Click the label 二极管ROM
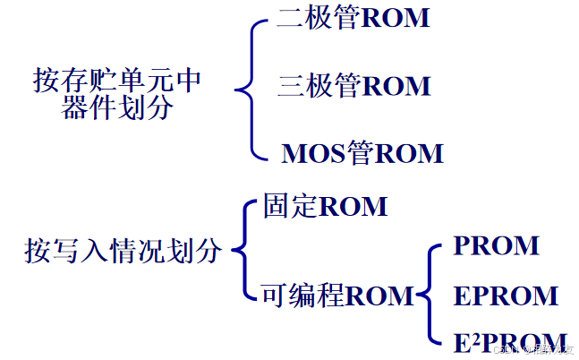[x=353, y=19]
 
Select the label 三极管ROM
[x=353, y=86]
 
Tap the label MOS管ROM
[x=362, y=153]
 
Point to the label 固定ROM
[x=325, y=207]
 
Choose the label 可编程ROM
[x=337, y=295]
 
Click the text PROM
[x=496, y=245]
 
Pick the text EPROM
[x=506, y=295]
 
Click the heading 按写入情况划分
[x=122, y=251]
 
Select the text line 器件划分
[x=117, y=108]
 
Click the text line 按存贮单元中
[x=117, y=81]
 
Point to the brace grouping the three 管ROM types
[x=250, y=88]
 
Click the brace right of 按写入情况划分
[x=243, y=251]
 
